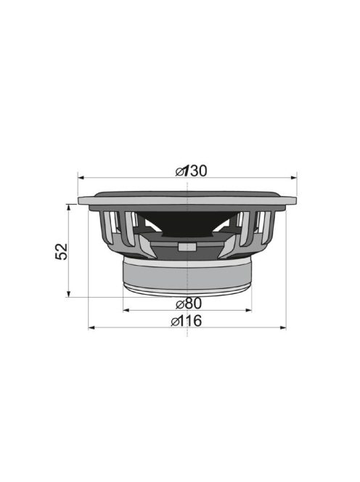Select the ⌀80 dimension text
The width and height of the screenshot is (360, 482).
tap(188, 303)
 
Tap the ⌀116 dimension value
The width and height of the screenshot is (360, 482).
tap(187, 321)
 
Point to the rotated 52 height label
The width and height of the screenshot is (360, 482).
tap(62, 250)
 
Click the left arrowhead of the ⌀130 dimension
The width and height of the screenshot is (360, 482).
tap(81, 176)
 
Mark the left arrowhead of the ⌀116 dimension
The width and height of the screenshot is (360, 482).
tap(91, 328)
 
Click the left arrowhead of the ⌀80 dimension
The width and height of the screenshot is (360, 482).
tap(126, 310)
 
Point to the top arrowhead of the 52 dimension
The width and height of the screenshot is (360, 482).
tap(69, 207)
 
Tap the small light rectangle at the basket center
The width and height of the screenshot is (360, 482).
tap(187, 246)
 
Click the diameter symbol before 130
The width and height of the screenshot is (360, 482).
tap(180, 171)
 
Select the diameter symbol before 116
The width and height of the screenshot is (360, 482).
tap(176, 321)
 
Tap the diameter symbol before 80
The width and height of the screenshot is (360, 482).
tap(180, 303)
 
